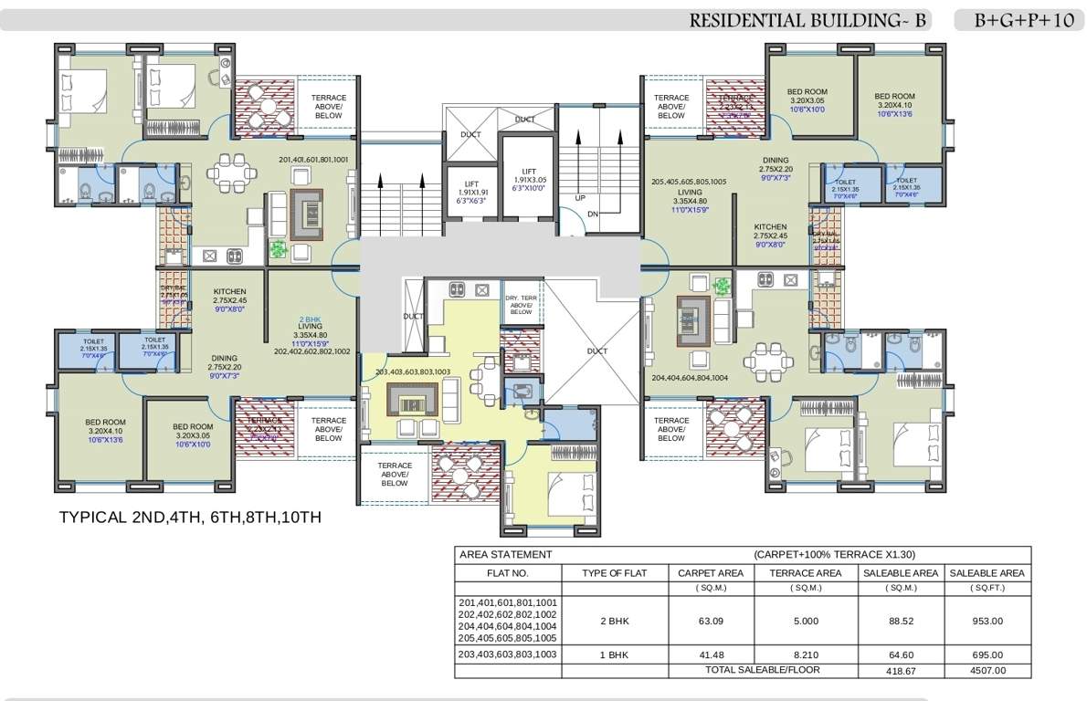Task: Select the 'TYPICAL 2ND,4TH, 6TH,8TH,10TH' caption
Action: coord(190,518)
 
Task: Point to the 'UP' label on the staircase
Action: coord(580,198)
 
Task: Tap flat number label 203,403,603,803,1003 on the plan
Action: coord(413,372)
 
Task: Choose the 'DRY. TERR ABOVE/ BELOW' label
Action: coord(521,305)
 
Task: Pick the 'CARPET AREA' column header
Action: coord(710,573)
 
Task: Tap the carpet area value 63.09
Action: coord(710,622)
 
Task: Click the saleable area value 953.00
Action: coord(987,622)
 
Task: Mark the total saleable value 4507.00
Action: coord(987,670)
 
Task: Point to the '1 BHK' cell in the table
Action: coord(614,654)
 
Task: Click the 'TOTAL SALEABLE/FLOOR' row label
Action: coord(762,670)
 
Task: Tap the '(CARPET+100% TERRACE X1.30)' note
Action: coord(834,554)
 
